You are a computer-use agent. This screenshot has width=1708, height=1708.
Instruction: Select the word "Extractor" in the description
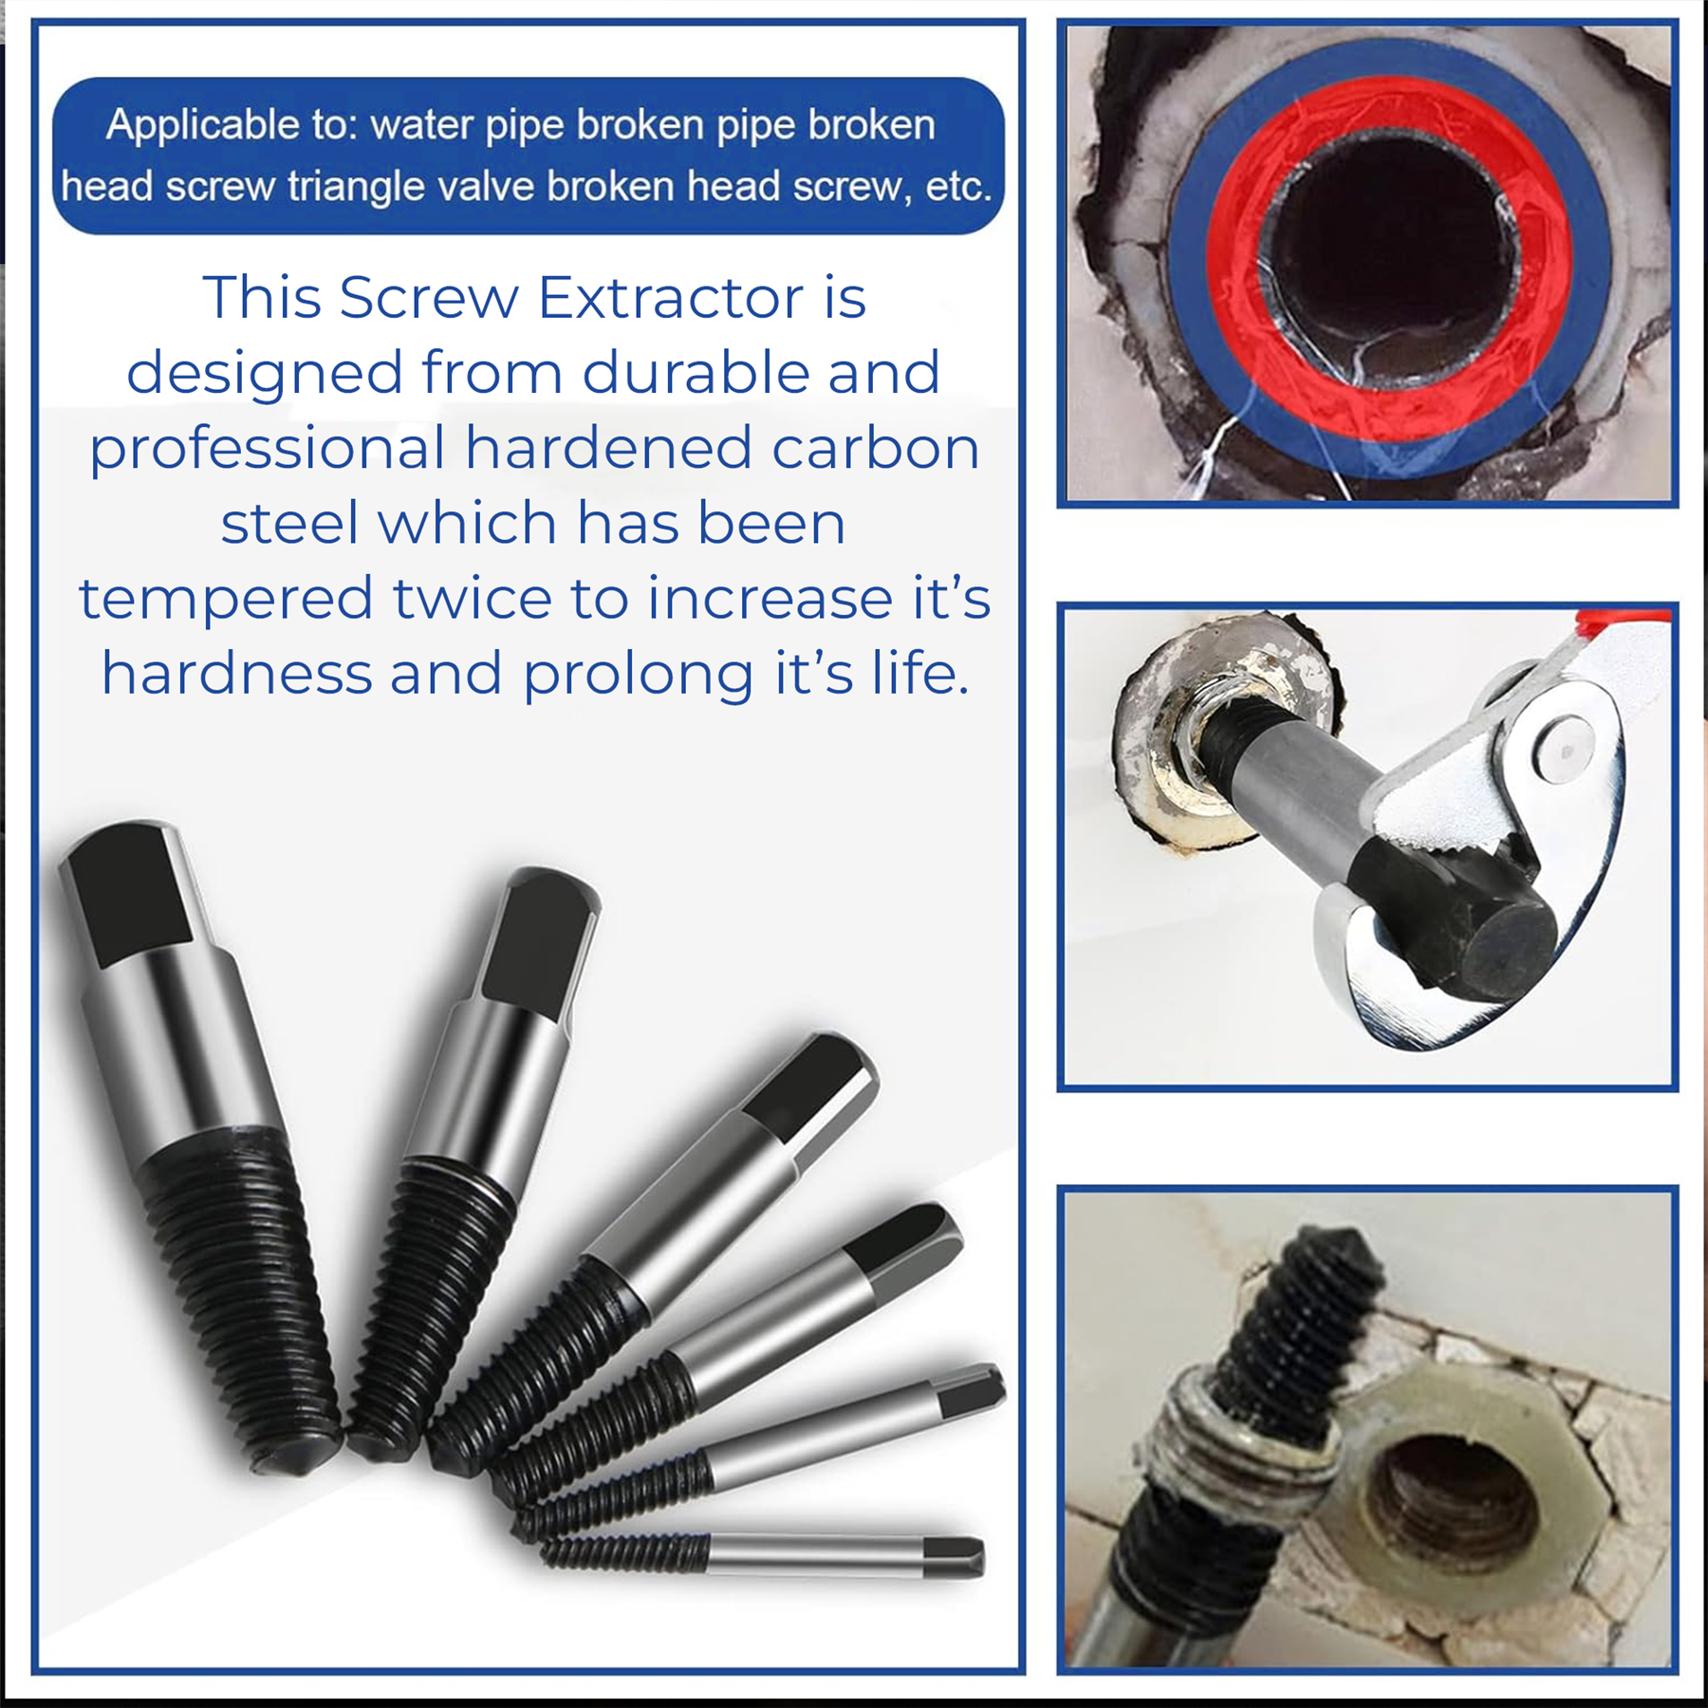(672, 298)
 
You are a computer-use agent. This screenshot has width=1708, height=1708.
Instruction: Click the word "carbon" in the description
(876, 447)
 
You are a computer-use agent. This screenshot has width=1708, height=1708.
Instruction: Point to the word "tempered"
(226, 600)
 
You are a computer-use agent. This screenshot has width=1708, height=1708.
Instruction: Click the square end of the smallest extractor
(954, 1557)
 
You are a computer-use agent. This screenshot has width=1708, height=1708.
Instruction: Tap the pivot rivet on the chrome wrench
(1565, 749)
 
